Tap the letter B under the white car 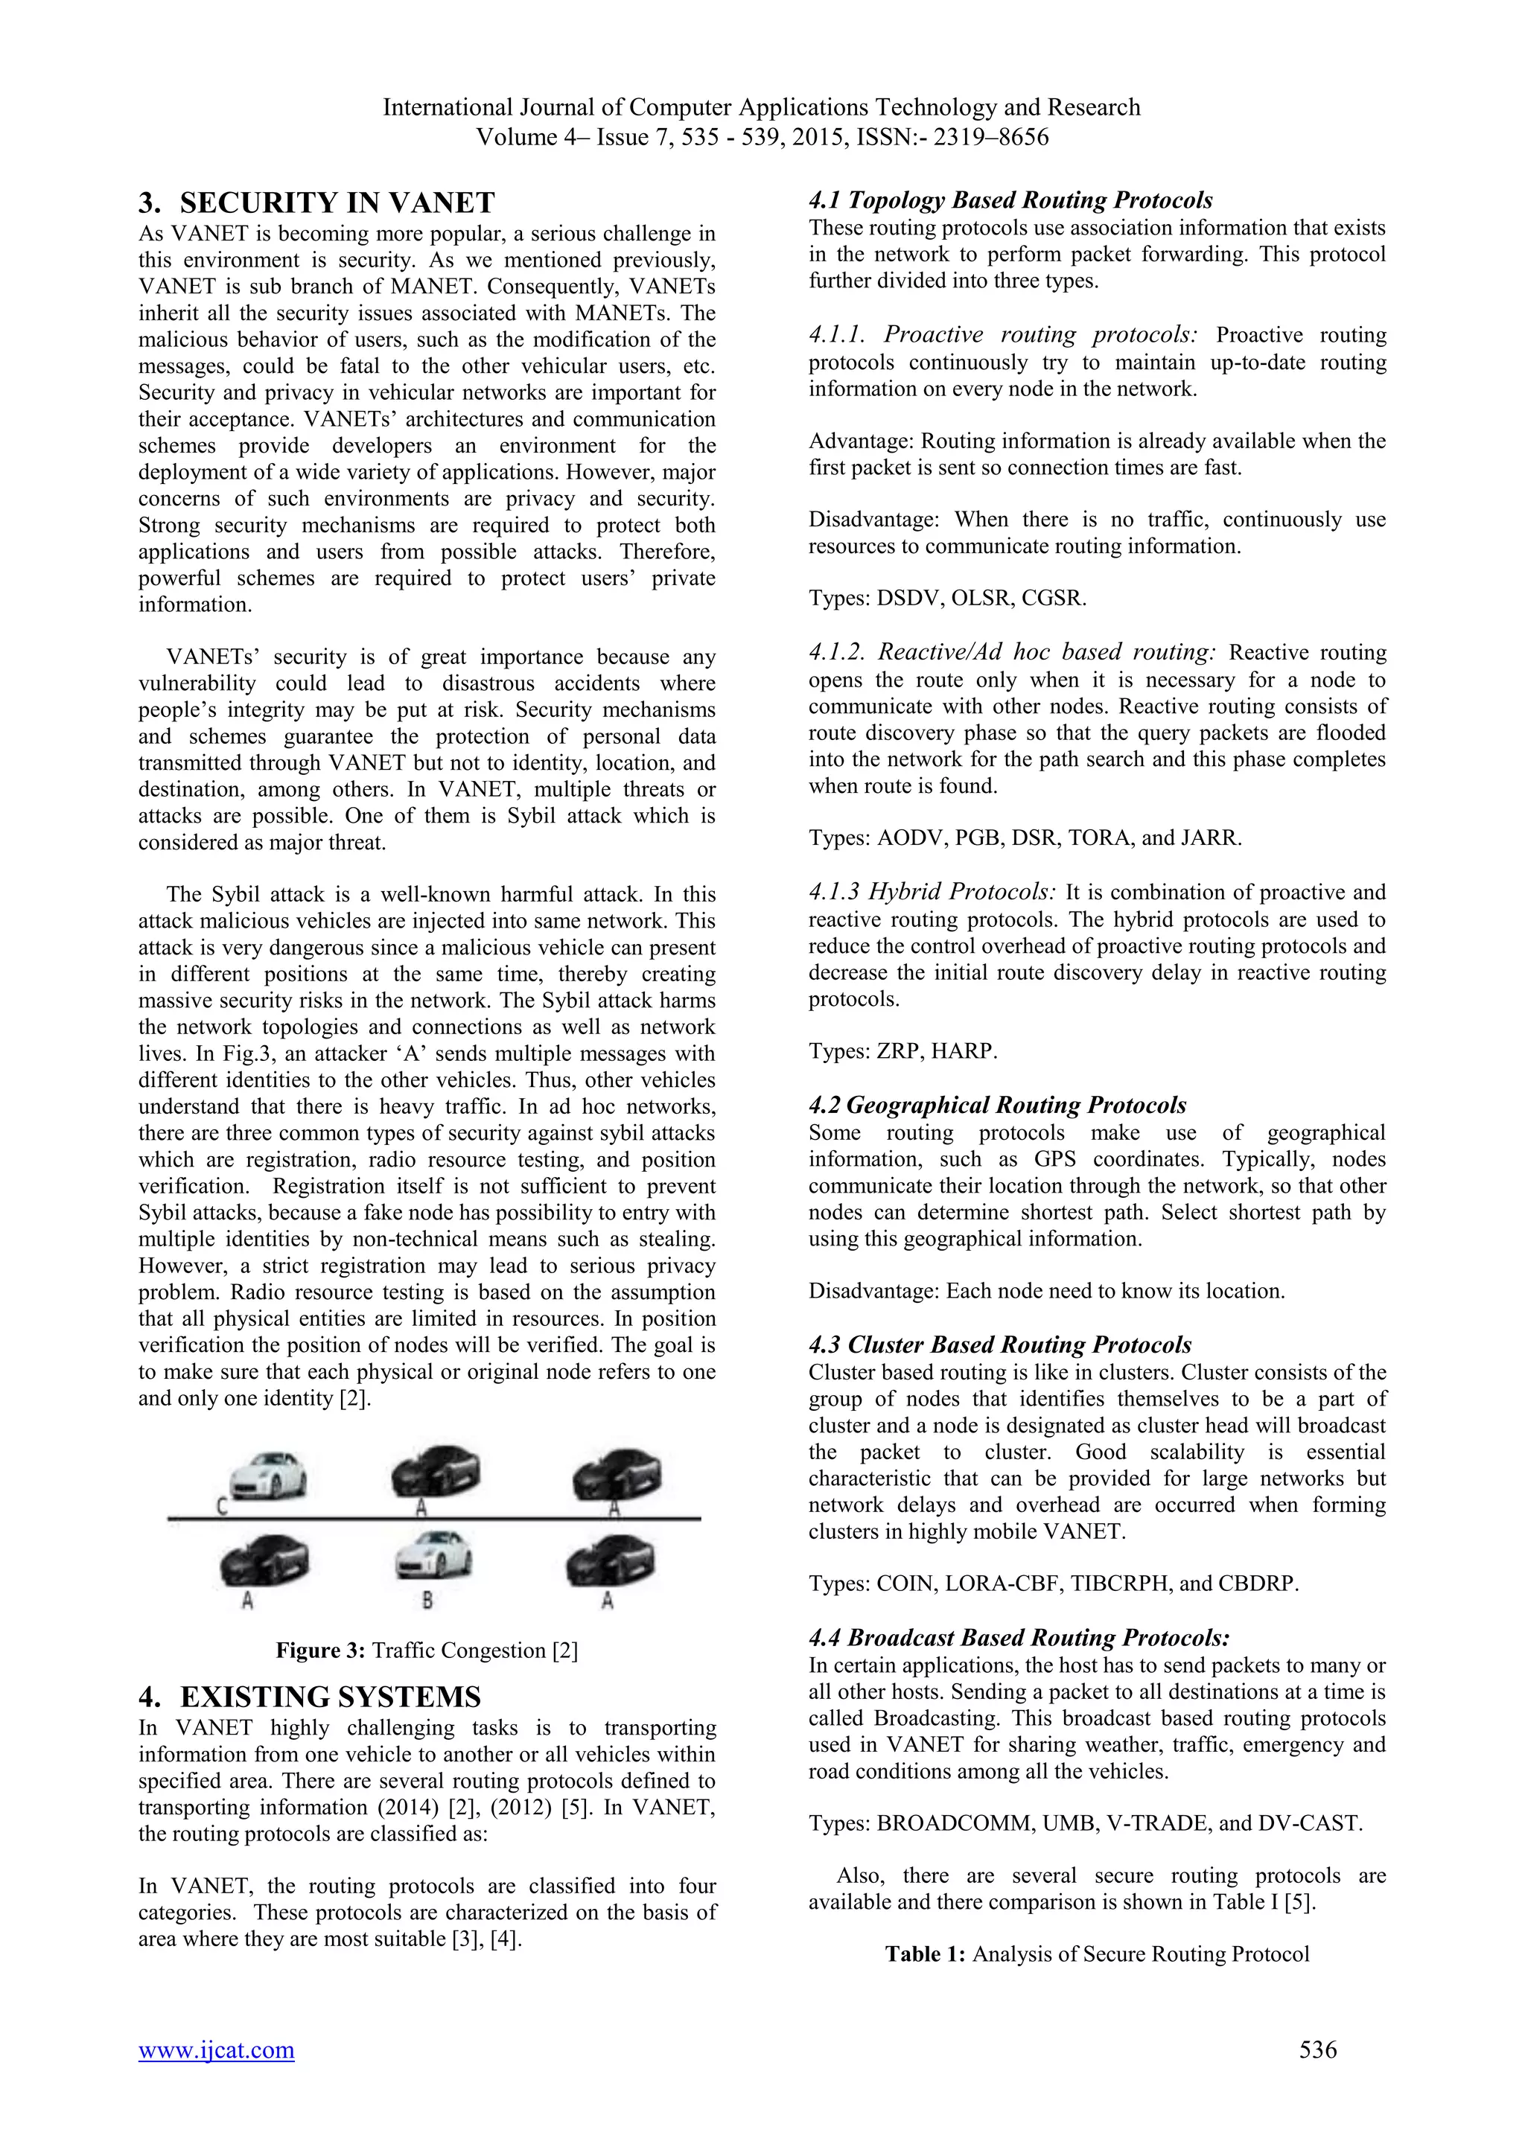[x=427, y=1599]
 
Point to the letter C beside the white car [x=222, y=1507]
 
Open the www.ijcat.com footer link [x=216, y=2076]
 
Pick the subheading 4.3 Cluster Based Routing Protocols [x=999, y=1345]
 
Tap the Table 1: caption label [x=925, y=1954]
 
